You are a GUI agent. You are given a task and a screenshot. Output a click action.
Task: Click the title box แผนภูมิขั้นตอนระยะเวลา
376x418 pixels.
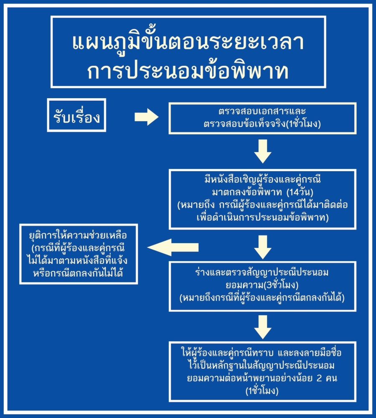pos(188,52)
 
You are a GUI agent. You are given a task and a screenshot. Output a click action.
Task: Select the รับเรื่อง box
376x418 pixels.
pos(77,115)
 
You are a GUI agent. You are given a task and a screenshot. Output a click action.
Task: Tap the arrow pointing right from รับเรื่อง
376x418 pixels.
pos(147,117)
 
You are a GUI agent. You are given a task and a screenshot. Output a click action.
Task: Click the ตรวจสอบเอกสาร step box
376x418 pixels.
pos(262,118)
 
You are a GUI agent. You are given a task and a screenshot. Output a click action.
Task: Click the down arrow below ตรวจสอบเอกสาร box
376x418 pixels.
pos(263,151)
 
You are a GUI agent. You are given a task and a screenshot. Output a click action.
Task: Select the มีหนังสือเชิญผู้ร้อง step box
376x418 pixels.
pos(262,199)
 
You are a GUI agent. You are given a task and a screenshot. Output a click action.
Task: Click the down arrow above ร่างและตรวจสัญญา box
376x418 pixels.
pos(263,247)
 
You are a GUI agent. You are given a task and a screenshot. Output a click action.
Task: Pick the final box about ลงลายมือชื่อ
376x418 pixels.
pos(262,371)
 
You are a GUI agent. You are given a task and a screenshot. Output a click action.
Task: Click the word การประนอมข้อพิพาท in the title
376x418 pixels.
pos(188,71)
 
